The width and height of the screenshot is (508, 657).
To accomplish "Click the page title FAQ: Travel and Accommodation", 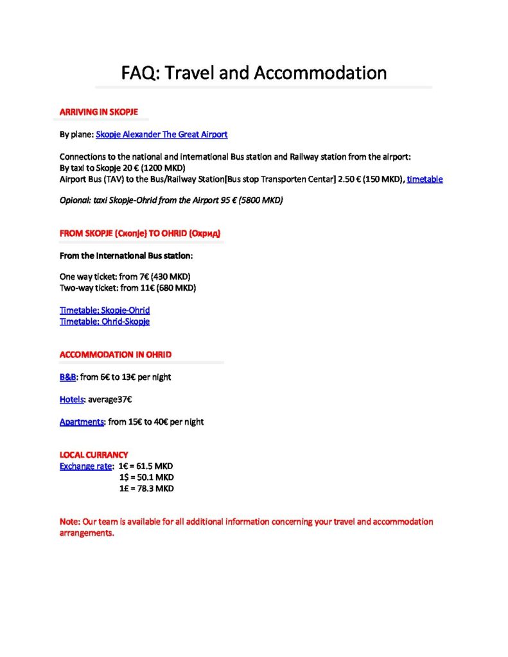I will point(254,73).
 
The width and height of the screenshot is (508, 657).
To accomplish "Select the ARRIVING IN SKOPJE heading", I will point(98,112).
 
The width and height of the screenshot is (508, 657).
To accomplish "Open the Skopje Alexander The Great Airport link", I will point(161,135).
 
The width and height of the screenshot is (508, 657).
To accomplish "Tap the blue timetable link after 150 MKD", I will point(425,180).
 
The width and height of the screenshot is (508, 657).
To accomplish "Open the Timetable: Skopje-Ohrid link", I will point(105,311).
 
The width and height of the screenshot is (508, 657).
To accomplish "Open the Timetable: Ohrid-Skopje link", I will point(105,321).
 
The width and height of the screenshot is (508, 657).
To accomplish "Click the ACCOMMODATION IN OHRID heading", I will point(115,355).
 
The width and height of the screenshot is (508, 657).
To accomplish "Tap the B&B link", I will point(67,377).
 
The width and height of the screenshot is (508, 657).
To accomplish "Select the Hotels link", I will point(71,400).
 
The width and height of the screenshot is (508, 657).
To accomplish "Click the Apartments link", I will point(82,422).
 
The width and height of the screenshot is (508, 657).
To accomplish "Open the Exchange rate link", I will point(85,466).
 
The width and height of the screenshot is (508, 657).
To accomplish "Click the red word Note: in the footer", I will point(69,522).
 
